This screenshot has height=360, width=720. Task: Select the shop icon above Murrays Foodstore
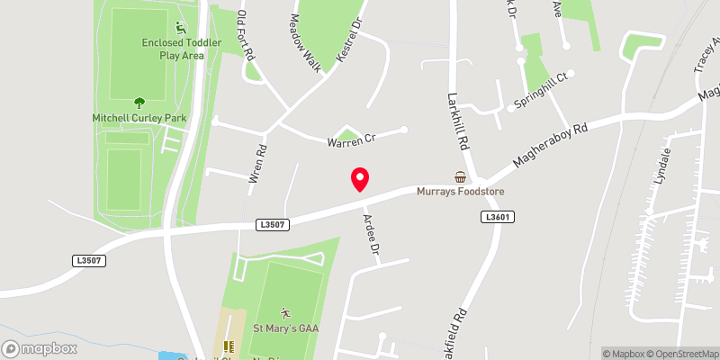pos(461,176)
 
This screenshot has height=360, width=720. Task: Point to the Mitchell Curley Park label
pos(139,117)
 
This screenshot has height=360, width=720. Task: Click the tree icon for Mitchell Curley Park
pos(139,103)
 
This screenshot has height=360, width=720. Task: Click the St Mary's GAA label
pos(285,328)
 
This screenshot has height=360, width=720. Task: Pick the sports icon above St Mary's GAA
pos(285,312)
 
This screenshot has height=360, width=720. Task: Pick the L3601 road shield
pos(497,217)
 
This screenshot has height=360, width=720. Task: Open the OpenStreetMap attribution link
pos(681,353)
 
